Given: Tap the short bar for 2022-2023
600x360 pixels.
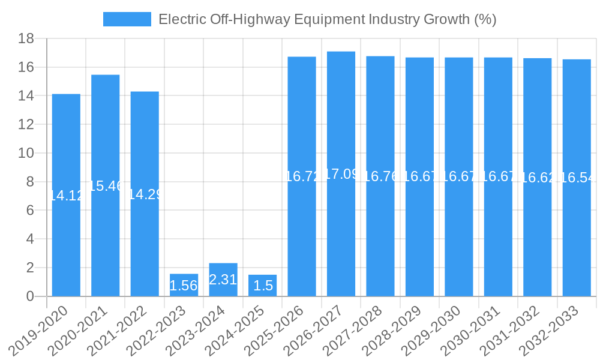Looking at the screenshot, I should point(184,286).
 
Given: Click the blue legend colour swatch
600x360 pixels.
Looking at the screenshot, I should point(127,19).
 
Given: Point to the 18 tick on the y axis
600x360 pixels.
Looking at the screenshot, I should point(26,38).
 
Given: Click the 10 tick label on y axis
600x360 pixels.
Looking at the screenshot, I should point(26,153).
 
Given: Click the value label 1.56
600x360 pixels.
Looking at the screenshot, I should point(184,286).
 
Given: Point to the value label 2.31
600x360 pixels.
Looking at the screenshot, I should point(223,280).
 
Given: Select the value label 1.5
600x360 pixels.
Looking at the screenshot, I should point(262,286).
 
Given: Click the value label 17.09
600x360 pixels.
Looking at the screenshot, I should point(341,174).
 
